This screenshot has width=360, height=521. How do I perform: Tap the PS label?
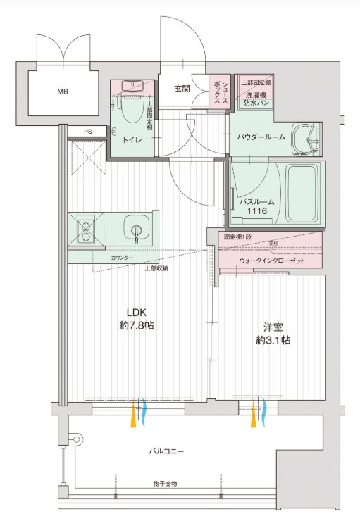coord(87,131)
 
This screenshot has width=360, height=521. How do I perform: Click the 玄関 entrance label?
coord(182,89)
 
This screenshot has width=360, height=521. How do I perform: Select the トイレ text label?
coord(132,140)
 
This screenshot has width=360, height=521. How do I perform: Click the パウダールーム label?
coord(261,137)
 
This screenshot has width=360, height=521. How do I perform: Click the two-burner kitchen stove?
coord(87,230)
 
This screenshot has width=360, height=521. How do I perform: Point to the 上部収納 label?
coord(156,268)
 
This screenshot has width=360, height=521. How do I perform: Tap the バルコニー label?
coord(166,451)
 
